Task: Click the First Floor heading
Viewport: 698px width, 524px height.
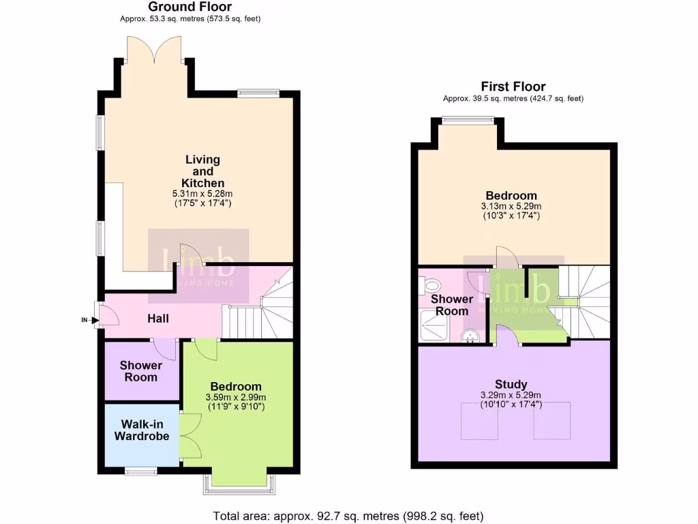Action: click(x=513, y=87)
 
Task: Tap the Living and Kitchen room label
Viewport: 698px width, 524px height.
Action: click(x=202, y=171)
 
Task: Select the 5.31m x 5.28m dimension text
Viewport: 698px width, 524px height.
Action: click(x=202, y=194)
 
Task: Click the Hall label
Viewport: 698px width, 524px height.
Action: click(x=158, y=319)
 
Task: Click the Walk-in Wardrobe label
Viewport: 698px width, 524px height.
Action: click(x=141, y=431)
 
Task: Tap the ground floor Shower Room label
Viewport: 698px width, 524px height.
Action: click(x=141, y=371)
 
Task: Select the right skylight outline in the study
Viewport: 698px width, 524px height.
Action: click(x=551, y=420)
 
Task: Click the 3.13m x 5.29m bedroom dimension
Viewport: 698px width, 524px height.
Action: click(x=511, y=206)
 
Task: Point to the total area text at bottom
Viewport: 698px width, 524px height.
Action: click(x=348, y=515)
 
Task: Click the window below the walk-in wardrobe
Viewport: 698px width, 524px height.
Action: click(x=141, y=469)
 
